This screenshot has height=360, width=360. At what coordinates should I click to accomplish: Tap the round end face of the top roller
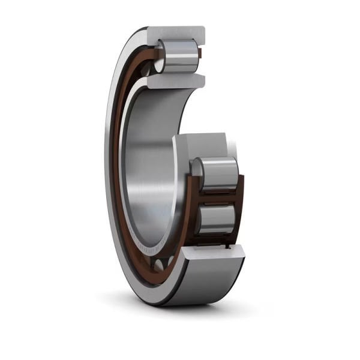pyautogui.click(x=164, y=55)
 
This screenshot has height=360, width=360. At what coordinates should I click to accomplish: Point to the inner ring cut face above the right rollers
pyautogui.click(x=201, y=144)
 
